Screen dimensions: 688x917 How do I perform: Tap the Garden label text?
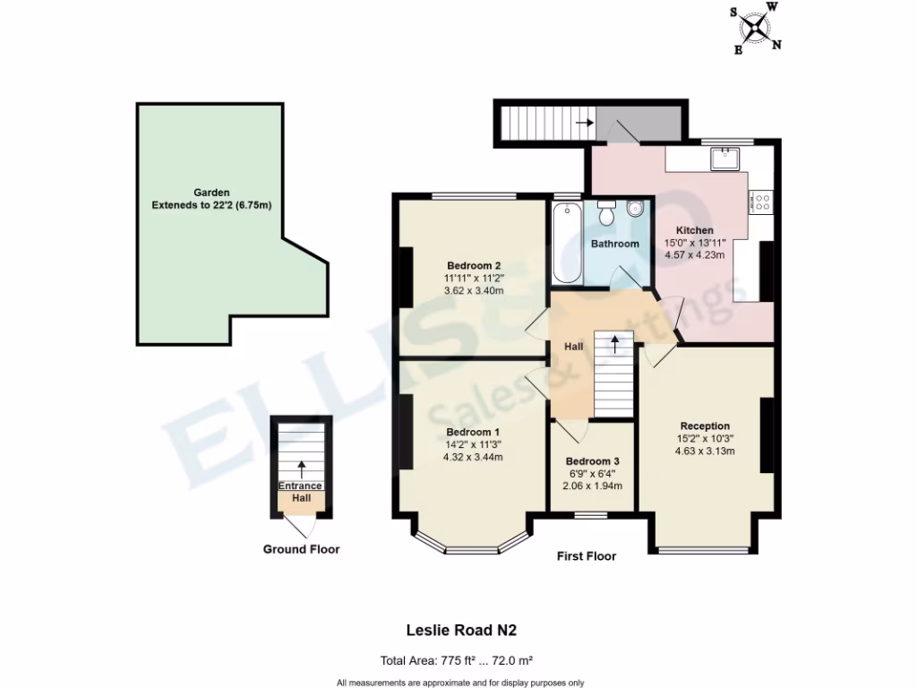pos(212,193)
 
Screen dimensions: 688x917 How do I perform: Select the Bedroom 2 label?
pos(474,266)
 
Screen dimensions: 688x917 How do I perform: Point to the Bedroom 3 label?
pos(592,461)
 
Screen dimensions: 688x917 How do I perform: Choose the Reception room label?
pos(705,426)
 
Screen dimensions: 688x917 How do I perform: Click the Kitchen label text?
pos(694,230)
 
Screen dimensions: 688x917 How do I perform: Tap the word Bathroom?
pos(615,244)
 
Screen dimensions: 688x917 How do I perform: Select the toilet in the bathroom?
pos(606,214)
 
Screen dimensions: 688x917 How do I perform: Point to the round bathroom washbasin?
pos(636,210)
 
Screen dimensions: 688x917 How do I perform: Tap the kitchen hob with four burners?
pos(763,202)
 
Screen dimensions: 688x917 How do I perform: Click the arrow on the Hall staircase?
pos(614,342)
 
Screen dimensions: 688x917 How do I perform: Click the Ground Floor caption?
pos(301,549)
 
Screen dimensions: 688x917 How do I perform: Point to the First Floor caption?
pos(587,556)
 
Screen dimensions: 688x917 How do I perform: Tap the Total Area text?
pos(457,661)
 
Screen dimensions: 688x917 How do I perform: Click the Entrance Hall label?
pos(301,491)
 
